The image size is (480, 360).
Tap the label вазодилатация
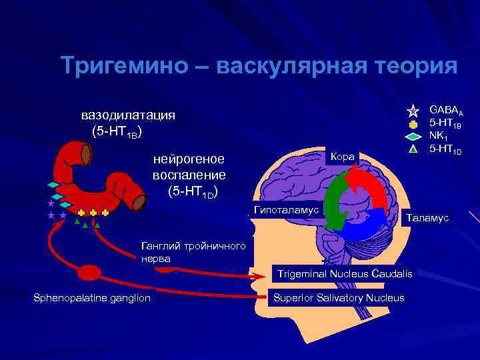point(129,114)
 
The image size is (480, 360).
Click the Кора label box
point(343,157)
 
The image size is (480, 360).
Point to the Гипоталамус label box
point(285,210)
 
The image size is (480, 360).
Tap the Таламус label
point(427,218)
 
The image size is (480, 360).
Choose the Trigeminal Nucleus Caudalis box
point(345,274)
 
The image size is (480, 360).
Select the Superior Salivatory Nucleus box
point(339,297)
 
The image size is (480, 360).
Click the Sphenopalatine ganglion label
point(92,297)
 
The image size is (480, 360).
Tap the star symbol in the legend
point(413,111)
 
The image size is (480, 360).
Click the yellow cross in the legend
point(413,124)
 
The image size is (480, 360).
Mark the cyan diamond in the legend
point(413,136)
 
